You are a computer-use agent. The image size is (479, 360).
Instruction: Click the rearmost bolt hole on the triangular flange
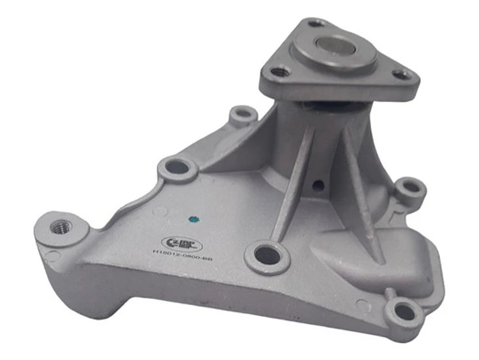point(316,23)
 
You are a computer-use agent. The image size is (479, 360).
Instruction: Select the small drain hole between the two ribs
point(317,186)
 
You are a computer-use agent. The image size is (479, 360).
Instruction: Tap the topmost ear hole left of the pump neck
point(243,115)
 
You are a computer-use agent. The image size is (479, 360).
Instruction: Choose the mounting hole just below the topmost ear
point(177,167)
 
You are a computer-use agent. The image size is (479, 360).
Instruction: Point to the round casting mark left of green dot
point(160,212)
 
